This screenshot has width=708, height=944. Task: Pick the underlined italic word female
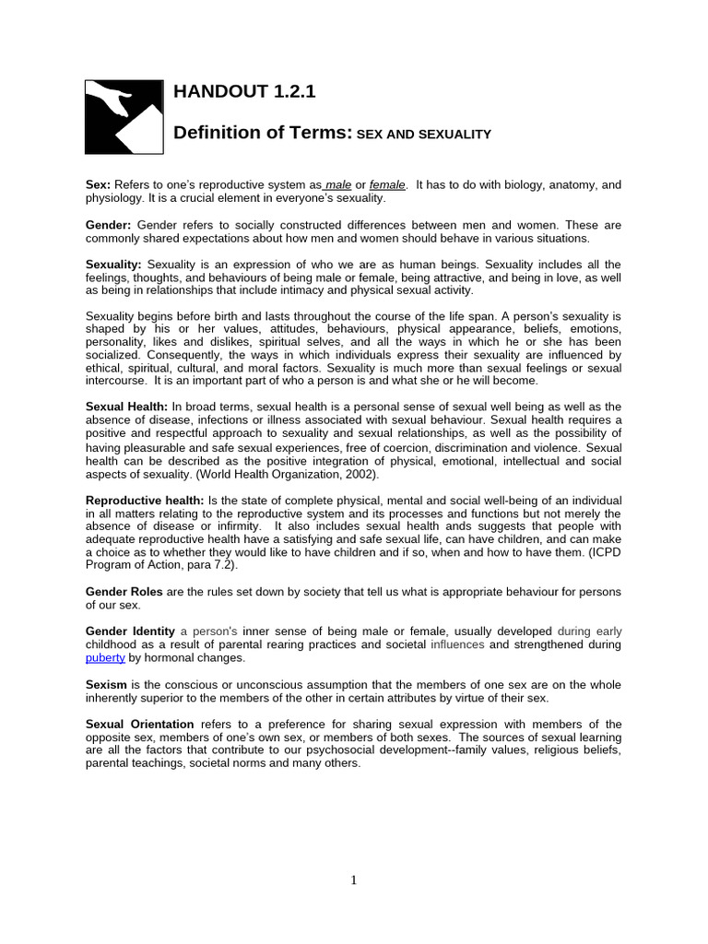pos(387,184)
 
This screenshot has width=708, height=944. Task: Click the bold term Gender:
pos(109,224)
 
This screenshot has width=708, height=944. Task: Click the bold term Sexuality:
pos(114,265)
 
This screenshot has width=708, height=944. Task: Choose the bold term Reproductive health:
pos(144,499)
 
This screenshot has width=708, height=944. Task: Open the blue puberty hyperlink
pos(105,658)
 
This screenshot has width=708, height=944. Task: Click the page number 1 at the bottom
pos(353,879)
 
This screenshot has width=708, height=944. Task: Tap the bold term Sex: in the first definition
pos(98,184)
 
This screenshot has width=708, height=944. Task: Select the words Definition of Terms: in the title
pos(264,133)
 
